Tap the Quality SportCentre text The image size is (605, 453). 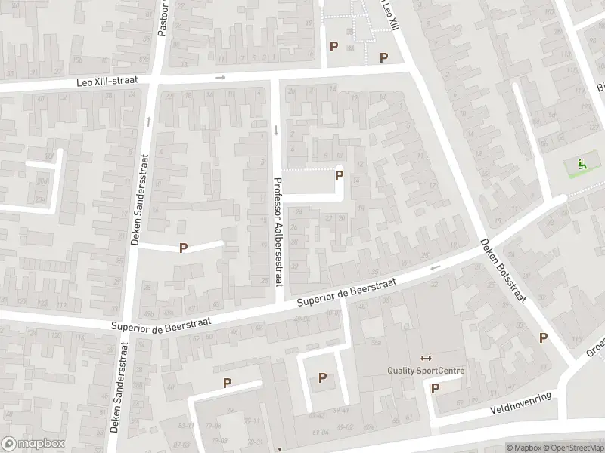tap(426, 371)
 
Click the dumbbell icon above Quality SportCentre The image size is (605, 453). tap(425, 358)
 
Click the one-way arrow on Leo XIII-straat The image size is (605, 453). tap(220, 77)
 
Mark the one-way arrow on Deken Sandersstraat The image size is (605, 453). tap(148, 120)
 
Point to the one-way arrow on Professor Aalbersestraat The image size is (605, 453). tap(277, 129)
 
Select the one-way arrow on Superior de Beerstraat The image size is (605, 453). tap(435, 267)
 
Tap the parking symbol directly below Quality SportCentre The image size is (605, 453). tap(435, 388)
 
